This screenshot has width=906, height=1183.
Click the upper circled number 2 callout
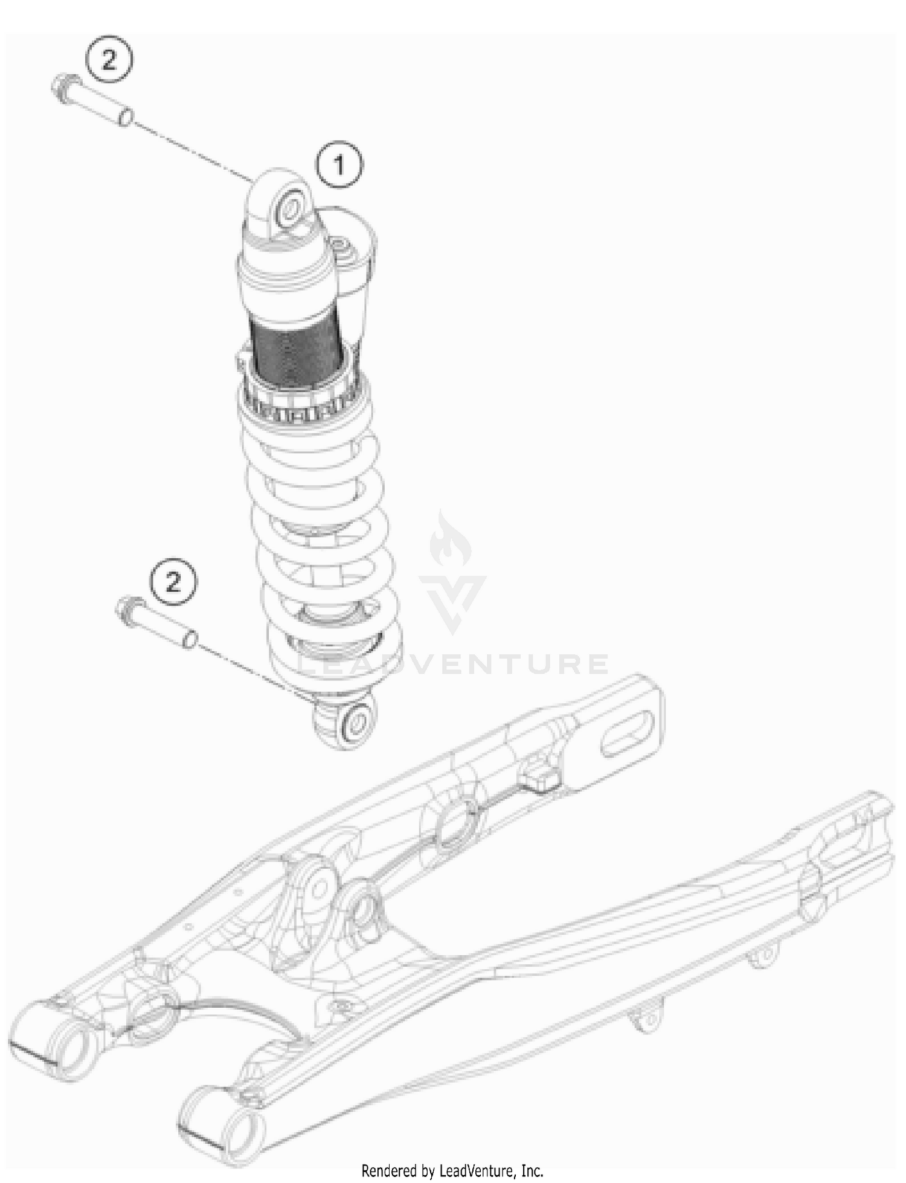(109, 60)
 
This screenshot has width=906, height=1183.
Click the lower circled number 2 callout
(173, 582)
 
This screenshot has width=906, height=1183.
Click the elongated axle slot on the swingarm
(628, 733)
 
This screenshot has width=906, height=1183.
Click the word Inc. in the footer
(531, 1171)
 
